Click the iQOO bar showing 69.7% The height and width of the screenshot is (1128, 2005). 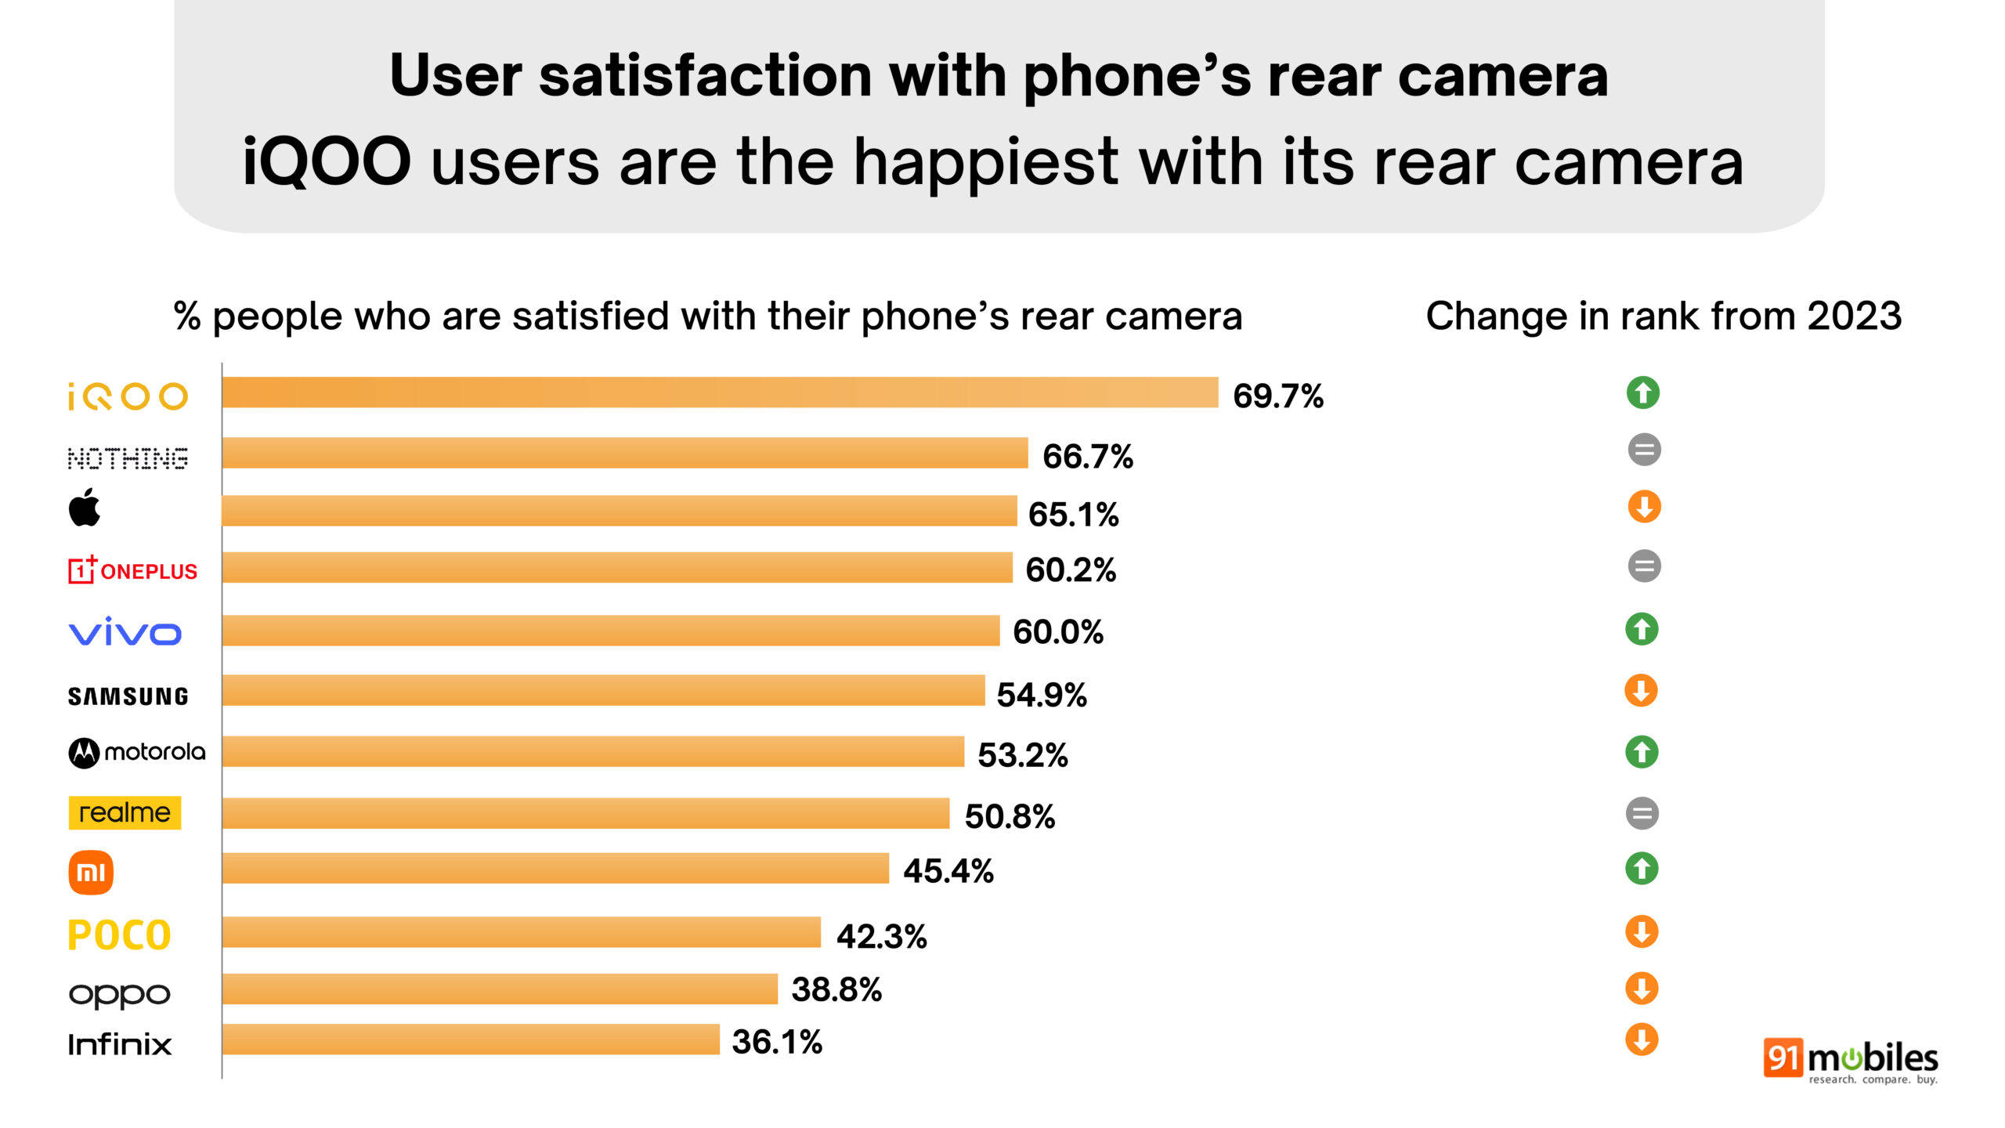point(720,392)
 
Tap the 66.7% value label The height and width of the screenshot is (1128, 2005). point(1087,456)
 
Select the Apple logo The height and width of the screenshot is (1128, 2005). point(85,508)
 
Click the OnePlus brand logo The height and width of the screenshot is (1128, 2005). point(132,569)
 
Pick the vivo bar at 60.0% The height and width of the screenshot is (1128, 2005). point(610,630)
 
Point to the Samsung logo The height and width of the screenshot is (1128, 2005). point(128,696)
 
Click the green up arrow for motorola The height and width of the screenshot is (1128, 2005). point(1642,752)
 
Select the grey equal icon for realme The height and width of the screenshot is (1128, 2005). point(1642,813)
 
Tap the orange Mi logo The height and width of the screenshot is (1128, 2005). point(91,872)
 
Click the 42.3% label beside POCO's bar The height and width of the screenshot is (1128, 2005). point(881,936)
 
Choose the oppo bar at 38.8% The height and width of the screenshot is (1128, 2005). point(499,989)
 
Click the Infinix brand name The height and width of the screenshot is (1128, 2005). point(119,1044)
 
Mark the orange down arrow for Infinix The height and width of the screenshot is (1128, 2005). point(1642,1040)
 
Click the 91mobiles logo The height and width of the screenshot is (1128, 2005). point(1850,1061)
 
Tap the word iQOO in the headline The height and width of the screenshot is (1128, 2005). point(327,162)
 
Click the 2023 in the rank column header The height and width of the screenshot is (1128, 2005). point(1854,316)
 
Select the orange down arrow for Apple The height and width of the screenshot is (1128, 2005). point(1644,507)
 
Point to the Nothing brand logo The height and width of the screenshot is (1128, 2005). point(128,458)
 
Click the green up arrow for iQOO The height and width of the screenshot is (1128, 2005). point(1642,392)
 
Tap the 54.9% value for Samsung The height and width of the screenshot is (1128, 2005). point(1041,695)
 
